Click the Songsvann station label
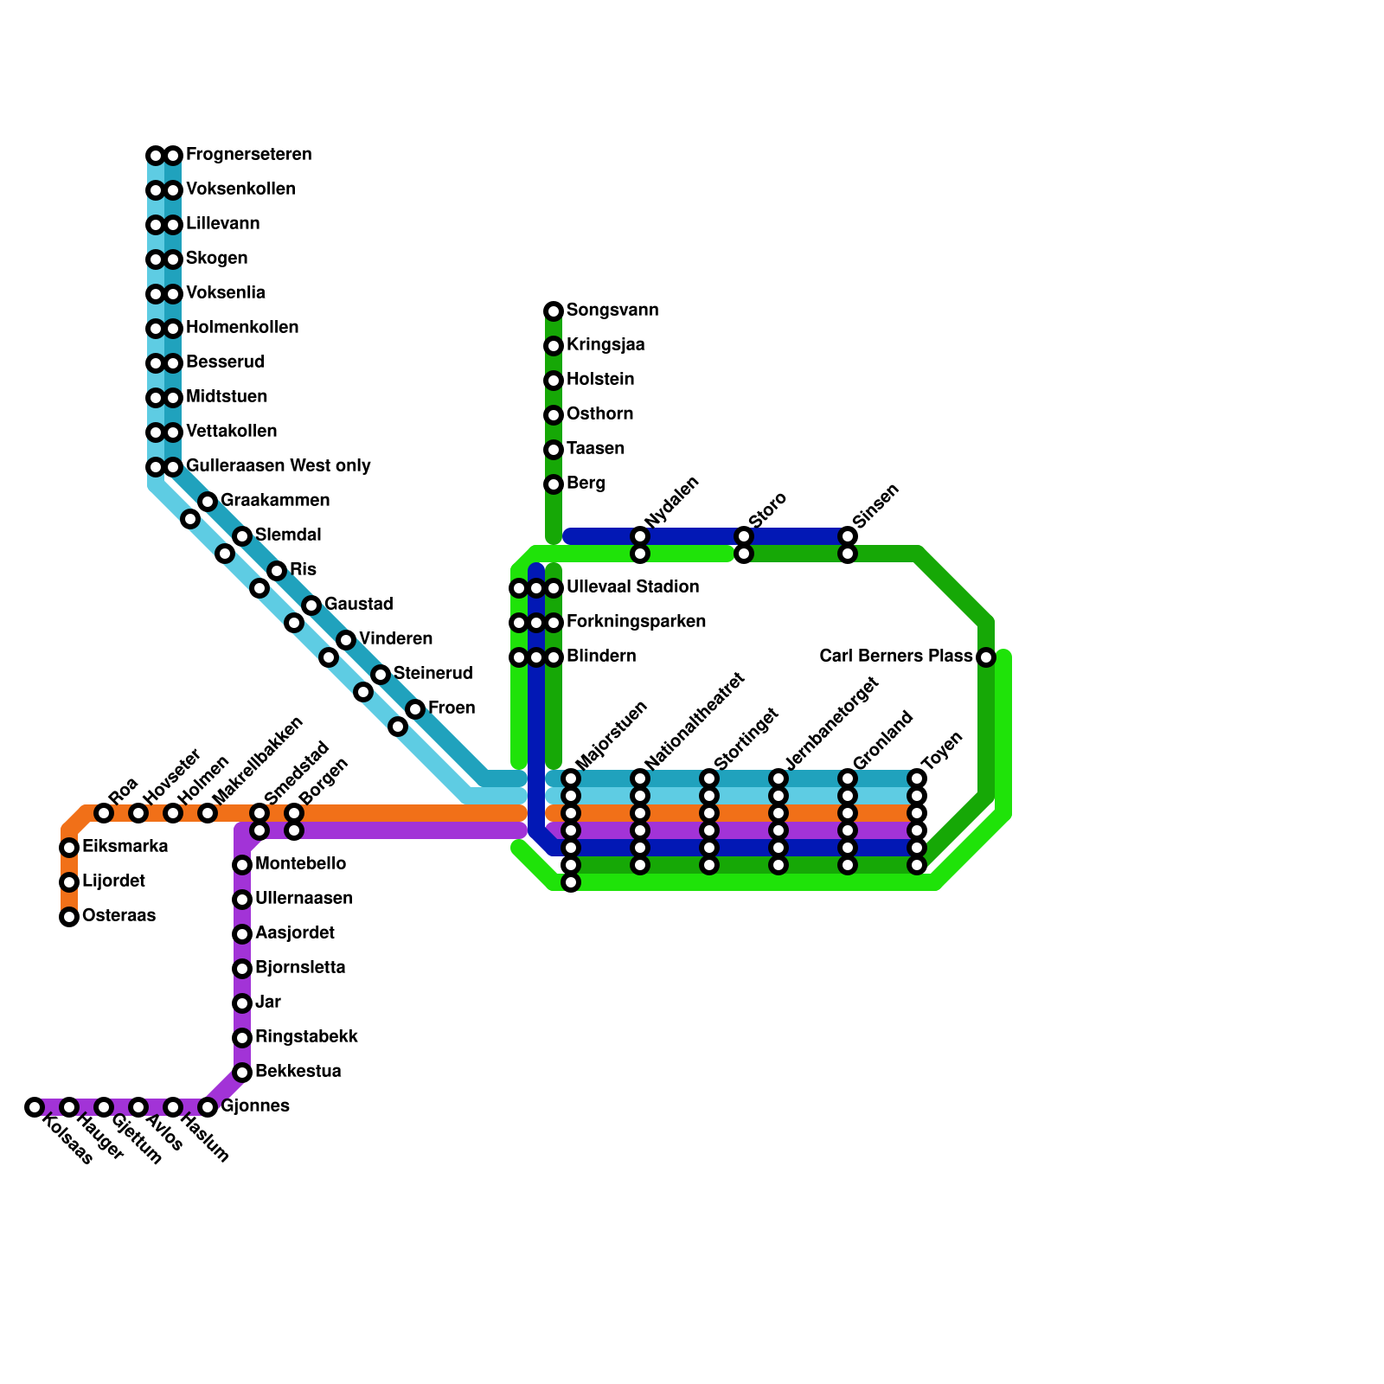coord(612,311)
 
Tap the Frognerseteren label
coord(248,155)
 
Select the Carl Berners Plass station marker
coord(986,657)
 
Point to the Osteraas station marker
coord(69,917)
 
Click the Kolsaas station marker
coord(35,1107)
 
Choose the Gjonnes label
coord(254,1106)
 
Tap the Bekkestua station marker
coord(242,1073)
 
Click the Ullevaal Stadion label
coord(632,587)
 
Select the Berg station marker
coord(554,484)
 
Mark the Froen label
coord(452,708)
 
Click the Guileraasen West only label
coord(278,466)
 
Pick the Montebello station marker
coord(242,865)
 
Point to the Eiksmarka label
coord(125,847)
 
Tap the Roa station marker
coord(104,813)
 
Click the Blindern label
coord(600,657)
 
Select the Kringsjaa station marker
coord(554,346)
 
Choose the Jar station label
coord(268,1003)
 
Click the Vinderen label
coord(395,639)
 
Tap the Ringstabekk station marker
coord(242,1038)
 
